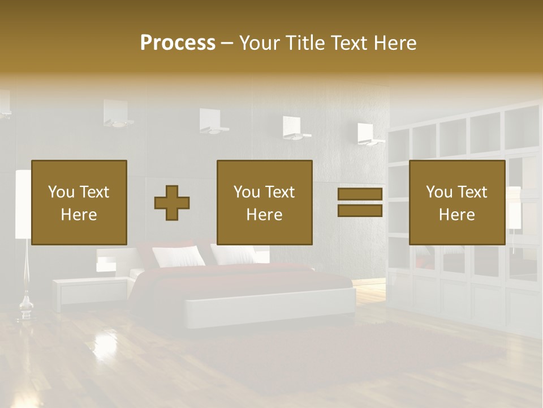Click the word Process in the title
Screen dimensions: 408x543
click(178, 43)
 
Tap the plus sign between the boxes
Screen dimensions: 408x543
click(172, 203)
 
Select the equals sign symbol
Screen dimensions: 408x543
click(360, 202)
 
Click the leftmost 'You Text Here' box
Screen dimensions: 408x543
click(79, 202)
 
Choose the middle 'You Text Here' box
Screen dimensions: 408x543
click(265, 202)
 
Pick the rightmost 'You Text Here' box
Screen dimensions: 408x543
click(457, 202)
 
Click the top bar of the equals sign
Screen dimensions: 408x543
click(360, 194)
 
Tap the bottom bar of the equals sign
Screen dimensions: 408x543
click(360, 211)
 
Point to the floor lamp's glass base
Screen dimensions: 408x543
click(25, 309)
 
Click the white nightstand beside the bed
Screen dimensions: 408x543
click(90, 291)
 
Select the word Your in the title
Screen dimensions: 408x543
click(260, 43)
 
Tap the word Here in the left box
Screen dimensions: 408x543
click(79, 215)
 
